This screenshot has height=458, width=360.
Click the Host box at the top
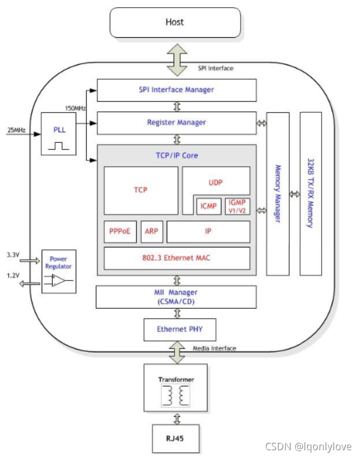[x=175, y=23]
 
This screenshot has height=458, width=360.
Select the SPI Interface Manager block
[x=176, y=89]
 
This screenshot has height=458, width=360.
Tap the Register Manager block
[x=176, y=122]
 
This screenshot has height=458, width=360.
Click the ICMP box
[x=209, y=206]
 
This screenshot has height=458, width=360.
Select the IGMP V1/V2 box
[x=237, y=206]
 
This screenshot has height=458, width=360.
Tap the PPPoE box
[x=120, y=231]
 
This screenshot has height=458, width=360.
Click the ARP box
[x=151, y=231]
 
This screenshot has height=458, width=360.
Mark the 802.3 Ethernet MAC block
[x=177, y=258]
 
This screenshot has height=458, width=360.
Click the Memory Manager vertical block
[x=278, y=193]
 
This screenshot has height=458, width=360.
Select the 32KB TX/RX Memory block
[x=311, y=193]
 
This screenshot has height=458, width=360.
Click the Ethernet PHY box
[x=179, y=329]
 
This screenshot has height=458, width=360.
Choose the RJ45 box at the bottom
[x=176, y=438]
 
